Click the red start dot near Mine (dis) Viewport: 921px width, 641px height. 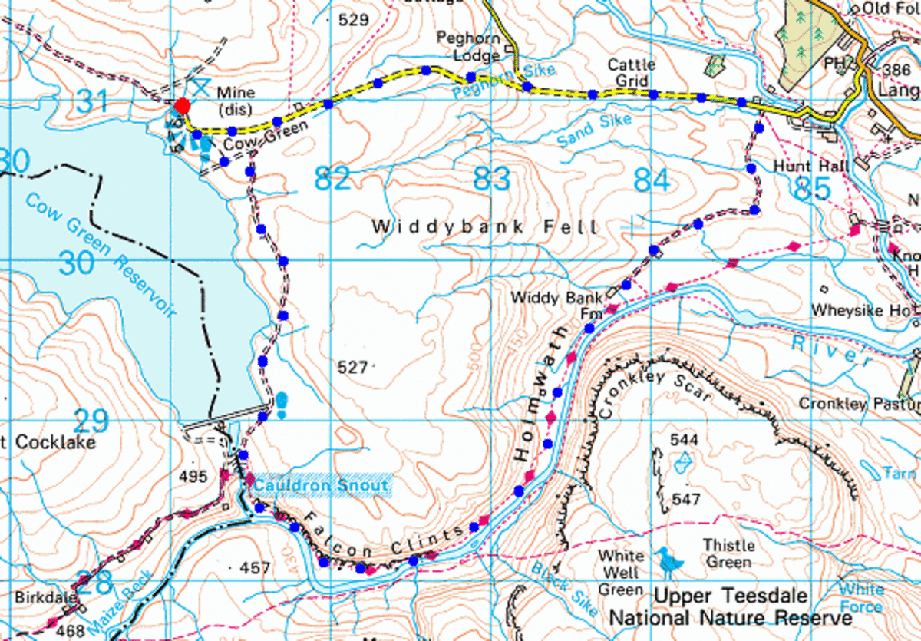pos(182,106)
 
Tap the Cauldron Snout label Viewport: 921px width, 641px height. pos(321,485)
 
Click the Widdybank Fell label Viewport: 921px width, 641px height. pos(484,227)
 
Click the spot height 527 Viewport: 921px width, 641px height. pos(352,368)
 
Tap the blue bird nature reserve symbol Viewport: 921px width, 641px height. pos(670,563)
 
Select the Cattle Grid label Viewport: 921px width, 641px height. pos(631,71)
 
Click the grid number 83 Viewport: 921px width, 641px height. pos(491,179)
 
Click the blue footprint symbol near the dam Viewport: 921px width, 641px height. pos(282,404)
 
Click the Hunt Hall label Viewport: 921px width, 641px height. pos(798,166)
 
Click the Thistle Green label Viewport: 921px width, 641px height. pos(728,553)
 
